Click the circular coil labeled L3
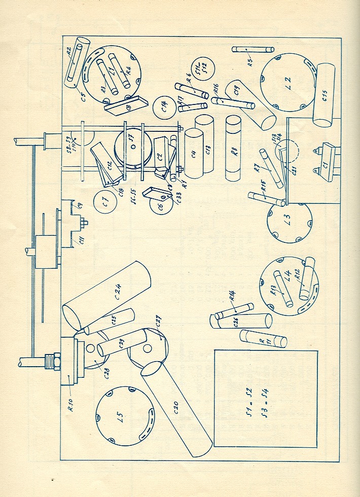[x=289, y=221]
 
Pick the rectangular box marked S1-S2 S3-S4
[x=266, y=398]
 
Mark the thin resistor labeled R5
[x=253, y=49]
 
